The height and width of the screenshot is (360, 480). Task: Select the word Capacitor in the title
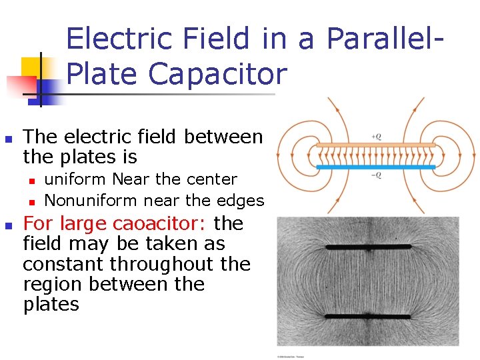[x=217, y=73]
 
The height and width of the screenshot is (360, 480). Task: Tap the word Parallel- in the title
[x=384, y=39]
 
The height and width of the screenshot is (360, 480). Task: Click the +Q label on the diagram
[x=376, y=137]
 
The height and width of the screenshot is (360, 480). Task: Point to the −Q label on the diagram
[x=376, y=175]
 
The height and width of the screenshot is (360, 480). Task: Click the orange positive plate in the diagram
[x=375, y=145]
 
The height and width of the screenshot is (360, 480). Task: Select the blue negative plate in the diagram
[x=375, y=167]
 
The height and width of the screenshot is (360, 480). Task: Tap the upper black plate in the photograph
[x=368, y=247]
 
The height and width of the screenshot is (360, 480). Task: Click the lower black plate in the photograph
[x=368, y=315]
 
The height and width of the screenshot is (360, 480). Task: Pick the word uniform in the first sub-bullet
[x=75, y=179]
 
